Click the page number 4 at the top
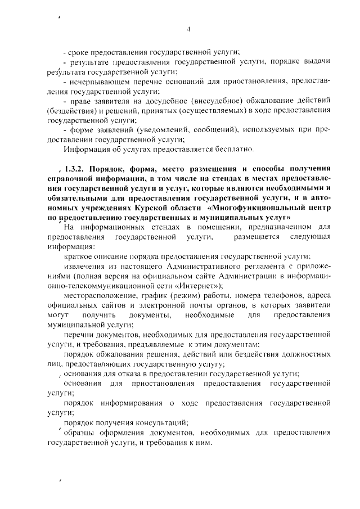coord(189,29)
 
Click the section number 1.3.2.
coord(75,169)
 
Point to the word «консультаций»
coord(161,423)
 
